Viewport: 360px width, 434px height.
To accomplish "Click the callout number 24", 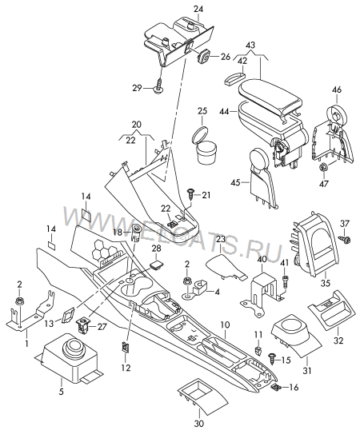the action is [198, 9].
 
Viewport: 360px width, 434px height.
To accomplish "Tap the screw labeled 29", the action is [158, 86].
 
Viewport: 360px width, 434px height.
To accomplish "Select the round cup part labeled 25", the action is [205, 145].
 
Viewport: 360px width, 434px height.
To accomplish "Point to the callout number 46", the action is [337, 90].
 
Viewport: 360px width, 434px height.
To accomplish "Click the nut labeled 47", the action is [322, 167].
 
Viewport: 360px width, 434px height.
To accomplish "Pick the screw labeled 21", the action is [191, 194].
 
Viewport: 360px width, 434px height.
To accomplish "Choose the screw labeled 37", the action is [345, 239].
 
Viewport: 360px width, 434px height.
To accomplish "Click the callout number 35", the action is [326, 283].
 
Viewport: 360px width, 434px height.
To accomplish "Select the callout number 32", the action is [338, 340].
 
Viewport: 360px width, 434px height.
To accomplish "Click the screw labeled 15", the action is [272, 360].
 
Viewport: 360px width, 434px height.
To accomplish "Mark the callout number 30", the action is [199, 423].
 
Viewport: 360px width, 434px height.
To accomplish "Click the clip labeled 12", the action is [126, 347].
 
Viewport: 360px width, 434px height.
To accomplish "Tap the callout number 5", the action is [61, 392].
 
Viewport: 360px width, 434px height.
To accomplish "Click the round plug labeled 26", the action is [204, 56].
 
